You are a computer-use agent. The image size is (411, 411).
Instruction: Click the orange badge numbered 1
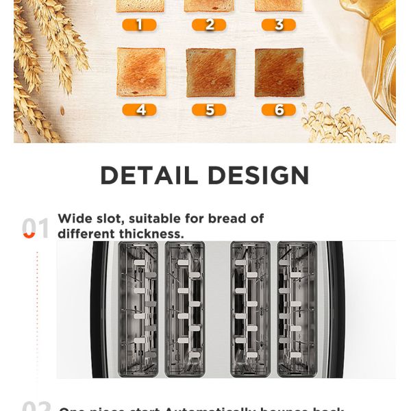[x=140, y=25]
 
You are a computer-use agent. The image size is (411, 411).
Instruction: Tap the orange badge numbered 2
[x=209, y=25]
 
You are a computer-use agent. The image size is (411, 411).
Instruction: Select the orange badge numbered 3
[x=278, y=25]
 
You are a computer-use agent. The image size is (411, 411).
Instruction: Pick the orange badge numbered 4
[x=140, y=110]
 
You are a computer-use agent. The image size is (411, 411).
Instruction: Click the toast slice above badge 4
[x=141, y=72]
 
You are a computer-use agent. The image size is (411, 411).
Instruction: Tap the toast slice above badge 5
[x=210, y=73]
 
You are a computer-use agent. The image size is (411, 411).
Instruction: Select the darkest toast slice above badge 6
[x=279, y=73]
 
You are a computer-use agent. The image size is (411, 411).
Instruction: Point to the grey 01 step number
[x=36, y=229]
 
